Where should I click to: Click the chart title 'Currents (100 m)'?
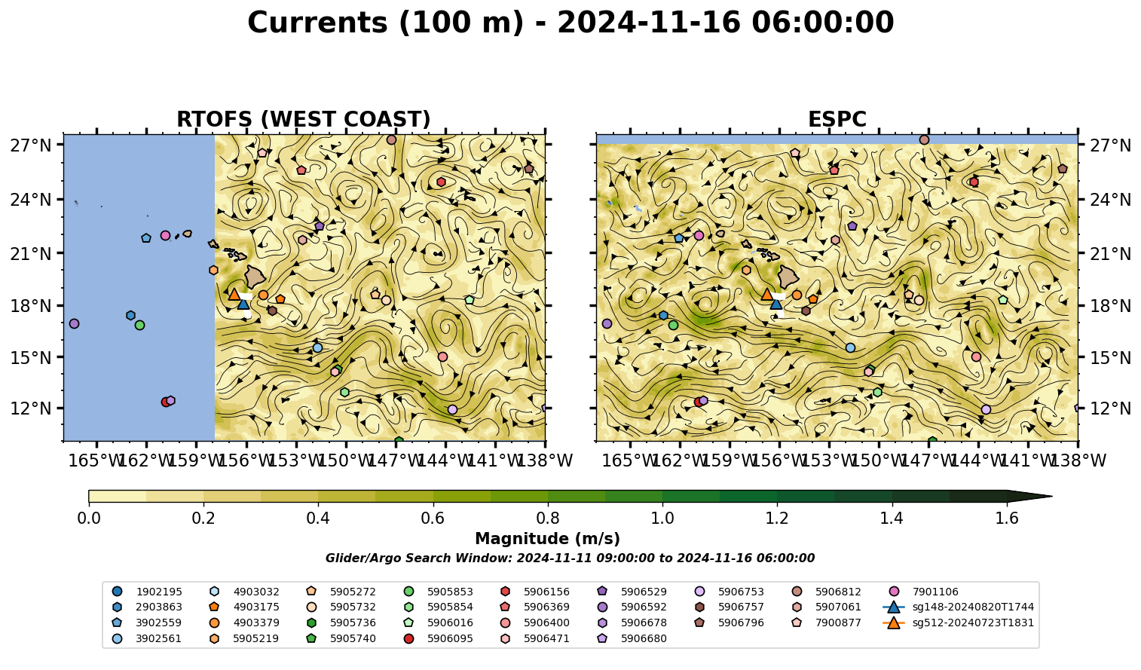point(385,23)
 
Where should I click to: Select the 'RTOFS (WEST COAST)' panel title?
point(304,119)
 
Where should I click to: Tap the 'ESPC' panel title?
point(837,119)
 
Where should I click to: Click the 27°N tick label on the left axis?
point(31,145)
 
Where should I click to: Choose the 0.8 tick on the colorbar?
point(548,519)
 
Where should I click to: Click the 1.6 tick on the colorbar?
point(1007,519)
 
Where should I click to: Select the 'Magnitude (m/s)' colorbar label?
point(548,539)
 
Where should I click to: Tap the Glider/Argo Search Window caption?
point(570,558)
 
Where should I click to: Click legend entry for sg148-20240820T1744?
point(958,607)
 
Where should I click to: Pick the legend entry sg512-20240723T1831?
point(958,623)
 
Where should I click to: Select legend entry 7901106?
point(924,592)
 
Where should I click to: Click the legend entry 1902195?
point(146,592)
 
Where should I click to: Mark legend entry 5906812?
point(827,592)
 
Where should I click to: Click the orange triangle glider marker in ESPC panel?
point(766,294)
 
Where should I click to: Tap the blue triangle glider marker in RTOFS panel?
point(243,304)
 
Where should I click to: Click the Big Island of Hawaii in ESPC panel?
point(788,277)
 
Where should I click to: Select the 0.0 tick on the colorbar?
point(89,519)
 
